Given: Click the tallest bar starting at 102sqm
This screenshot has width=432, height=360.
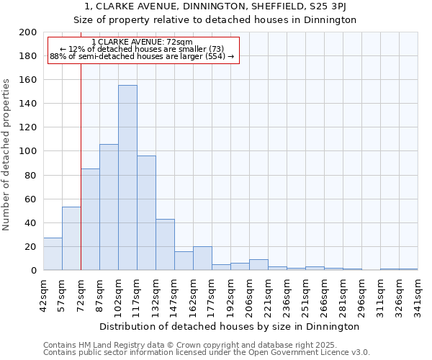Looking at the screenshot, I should point(127,178).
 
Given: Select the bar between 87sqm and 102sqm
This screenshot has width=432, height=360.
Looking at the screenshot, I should point(109,207).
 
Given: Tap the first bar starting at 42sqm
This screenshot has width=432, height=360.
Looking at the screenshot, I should point(53,254).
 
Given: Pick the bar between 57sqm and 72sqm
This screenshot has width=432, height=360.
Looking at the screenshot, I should point(71,238).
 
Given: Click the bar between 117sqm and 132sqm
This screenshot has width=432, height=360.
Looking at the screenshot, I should point(146,213).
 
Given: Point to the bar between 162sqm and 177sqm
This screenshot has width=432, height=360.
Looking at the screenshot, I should point(202,258).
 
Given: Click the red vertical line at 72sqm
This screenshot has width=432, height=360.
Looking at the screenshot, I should point(81,166).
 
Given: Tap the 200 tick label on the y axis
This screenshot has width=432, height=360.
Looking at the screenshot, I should point(27,32).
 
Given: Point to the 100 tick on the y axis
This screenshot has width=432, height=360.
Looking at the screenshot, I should point(27,151).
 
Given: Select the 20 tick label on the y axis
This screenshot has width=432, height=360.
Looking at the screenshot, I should point(30,247).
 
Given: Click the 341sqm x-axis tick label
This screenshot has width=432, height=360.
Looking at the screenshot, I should point(418,295).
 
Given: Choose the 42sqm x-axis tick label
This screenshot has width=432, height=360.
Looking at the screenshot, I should point(43,295).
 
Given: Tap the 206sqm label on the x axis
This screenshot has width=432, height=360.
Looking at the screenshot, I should point(249,295).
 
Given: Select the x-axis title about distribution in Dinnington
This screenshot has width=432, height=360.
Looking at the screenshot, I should point(230,326).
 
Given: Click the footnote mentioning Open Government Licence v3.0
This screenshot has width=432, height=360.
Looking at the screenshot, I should point(207,352).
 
